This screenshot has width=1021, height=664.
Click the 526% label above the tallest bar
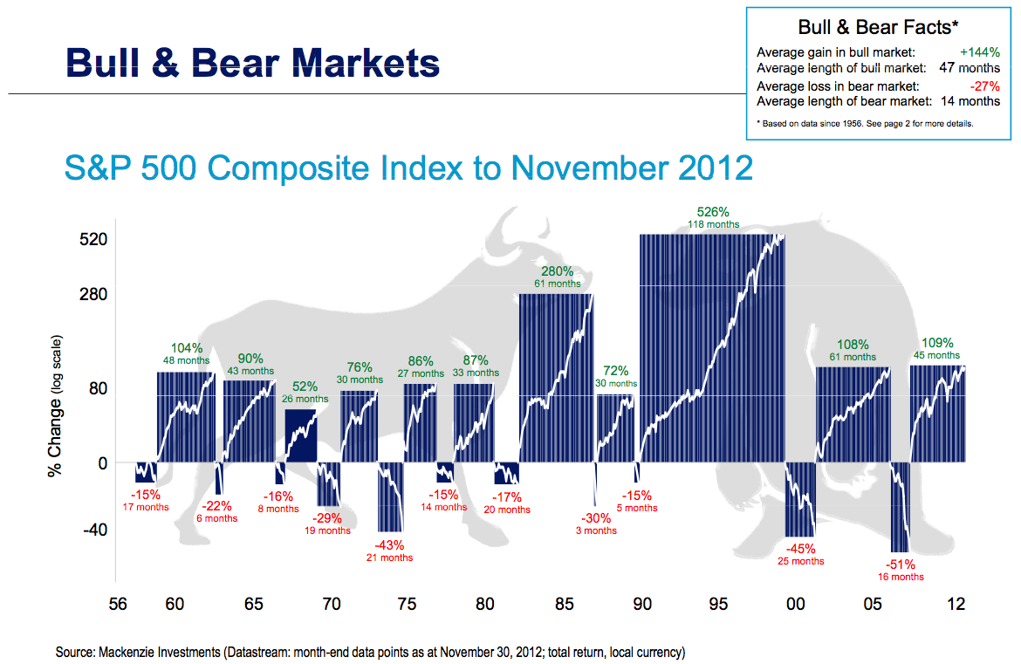click(x=713, y=211)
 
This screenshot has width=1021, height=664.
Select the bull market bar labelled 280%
click(x=556, y=378)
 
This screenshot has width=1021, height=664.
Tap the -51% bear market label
click(x=901, y=565)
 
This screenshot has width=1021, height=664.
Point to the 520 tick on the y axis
click(x=93, y=240)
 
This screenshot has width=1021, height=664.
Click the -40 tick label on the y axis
click(x=94, y=530)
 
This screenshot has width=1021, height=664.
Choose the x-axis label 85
click(x=565, y=604)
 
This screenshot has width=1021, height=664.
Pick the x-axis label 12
click(x=956, y=604)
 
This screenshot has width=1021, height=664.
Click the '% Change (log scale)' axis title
click(x=55, y=407)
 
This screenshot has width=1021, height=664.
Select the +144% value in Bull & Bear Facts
click(x=979, y=52)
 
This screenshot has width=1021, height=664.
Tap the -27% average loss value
click(x=984, y=86)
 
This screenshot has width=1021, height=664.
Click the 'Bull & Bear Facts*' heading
click(x=878, y=27)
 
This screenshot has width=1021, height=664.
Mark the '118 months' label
click(x=714, y=224)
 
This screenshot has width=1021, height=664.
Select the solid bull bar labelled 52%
click(x=301, y=435)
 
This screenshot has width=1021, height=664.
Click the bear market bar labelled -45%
click(x=800, y=500)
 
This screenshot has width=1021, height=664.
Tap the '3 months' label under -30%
click(x=596, y=531)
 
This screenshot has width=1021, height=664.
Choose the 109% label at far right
click(x=937, y=343)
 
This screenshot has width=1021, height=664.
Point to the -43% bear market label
click(x=389, y=544)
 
